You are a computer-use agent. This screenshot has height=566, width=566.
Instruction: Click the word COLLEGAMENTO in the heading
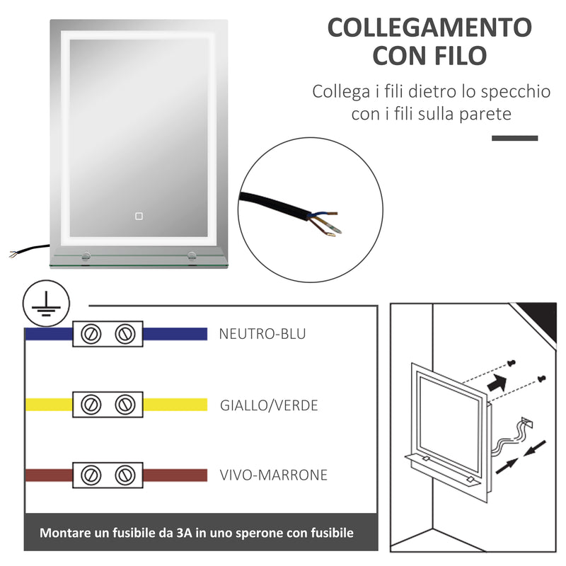[429, 28]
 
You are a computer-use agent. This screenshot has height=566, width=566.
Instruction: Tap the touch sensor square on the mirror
[139, 215]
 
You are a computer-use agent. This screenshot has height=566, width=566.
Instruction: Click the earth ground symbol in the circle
[40, 304]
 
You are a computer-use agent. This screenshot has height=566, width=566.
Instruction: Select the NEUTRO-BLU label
[262, 334]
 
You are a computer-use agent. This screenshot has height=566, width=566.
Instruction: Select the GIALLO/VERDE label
[269, 405]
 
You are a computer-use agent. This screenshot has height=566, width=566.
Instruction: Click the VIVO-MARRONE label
[273, 475]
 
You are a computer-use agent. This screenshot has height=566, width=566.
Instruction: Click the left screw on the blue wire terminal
[90, 334]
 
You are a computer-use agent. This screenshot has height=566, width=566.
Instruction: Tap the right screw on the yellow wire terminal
[125, 405]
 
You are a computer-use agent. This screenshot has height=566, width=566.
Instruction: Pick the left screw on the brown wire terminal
[90, 474]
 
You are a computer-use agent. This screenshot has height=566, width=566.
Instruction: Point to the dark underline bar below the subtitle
[514, 137]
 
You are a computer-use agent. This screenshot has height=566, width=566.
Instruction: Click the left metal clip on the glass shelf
[85, 257]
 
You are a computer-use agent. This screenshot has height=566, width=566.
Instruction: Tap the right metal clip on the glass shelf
[192, 257]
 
